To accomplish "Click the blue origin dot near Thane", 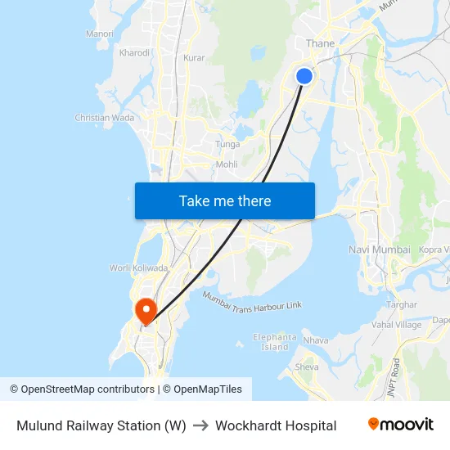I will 304,76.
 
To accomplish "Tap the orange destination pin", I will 146,309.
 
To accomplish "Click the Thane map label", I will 320,43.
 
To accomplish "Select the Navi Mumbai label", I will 380,249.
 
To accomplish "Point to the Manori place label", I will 99,34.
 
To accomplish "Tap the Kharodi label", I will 134,52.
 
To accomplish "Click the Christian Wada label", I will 105,118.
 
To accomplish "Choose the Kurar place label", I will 194,58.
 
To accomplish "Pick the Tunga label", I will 227,144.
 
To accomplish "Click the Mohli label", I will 227,164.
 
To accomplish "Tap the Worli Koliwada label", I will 139,268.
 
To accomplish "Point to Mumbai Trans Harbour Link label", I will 252,300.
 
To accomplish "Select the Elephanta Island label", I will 275,342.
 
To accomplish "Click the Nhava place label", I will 316,340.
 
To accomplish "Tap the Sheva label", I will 307,367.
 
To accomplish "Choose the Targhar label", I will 402,304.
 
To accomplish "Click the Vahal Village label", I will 397,325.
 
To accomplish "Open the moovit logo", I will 401,425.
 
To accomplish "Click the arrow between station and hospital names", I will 200,425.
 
